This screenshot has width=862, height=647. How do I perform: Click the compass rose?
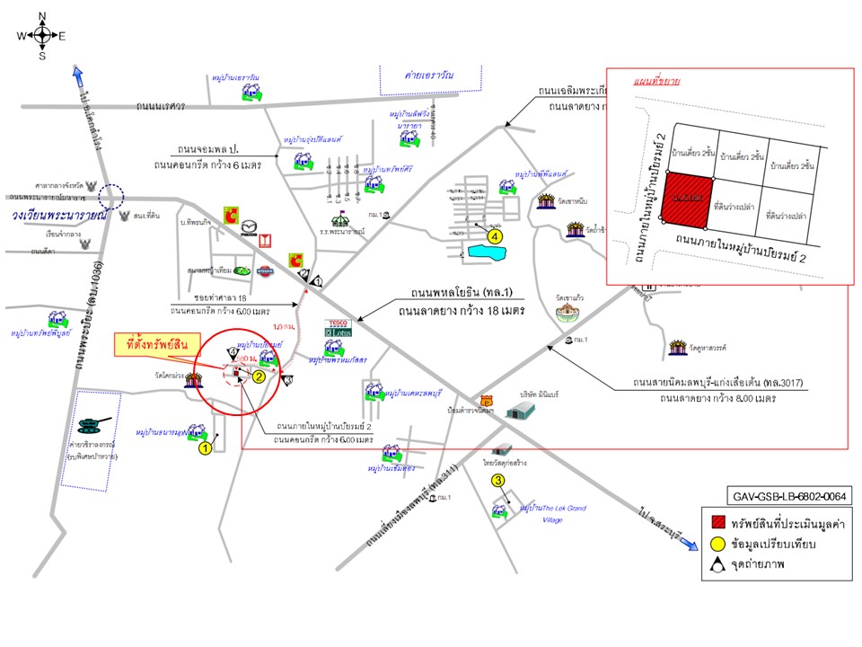tap(42, 36)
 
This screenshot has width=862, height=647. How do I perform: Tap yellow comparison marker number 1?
tap(205, 448)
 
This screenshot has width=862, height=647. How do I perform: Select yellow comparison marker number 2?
tap(258, 377)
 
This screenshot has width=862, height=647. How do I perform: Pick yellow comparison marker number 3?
tap(498, 482)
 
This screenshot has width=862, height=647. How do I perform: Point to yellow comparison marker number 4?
tap(494, 236)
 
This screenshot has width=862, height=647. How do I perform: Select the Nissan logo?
tap(265, 271)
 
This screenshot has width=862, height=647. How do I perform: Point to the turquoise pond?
tap(486, 252)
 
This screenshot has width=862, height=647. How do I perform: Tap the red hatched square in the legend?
tap(716, 524)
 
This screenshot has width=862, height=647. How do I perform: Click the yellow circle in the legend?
tap(716, 545)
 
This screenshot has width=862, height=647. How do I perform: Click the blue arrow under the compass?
tap(78, 75)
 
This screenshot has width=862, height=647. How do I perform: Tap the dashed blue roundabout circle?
tap(112, 195)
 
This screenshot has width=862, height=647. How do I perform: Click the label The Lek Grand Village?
tap(552, 513)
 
